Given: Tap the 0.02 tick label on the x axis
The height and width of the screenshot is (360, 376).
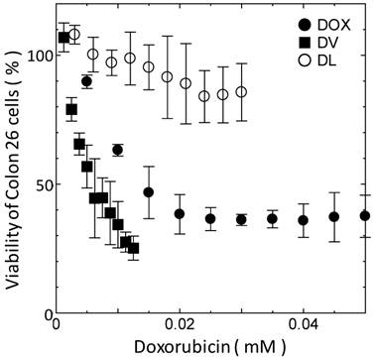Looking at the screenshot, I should (180, 325).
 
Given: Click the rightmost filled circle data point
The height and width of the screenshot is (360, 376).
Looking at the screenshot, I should (365, 215).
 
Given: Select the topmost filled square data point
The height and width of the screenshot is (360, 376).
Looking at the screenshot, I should (64, 38).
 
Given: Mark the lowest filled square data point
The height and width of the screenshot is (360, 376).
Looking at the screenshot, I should (133, 248).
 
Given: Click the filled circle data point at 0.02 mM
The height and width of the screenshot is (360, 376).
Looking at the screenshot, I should (180, 213).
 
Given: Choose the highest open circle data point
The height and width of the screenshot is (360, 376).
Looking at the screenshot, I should (74, 35).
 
